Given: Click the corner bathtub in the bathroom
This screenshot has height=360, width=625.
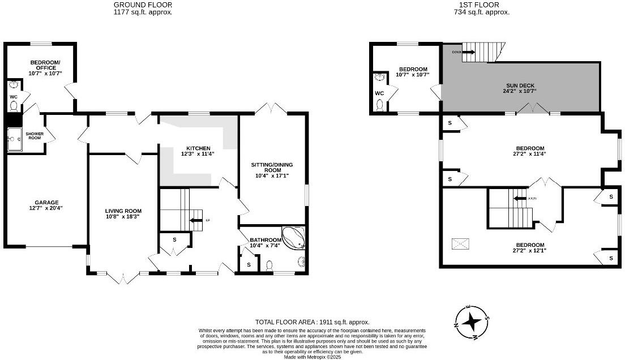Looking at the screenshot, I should (294, 238).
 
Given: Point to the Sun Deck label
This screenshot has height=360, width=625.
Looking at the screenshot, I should (520, 85).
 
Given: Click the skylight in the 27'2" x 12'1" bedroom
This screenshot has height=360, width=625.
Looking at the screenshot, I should (460, 244).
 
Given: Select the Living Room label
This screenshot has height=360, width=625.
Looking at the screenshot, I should (123, 211).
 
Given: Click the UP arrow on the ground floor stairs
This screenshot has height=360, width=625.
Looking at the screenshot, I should (196, 220).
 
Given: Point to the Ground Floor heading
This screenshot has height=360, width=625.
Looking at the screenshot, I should (143, 4).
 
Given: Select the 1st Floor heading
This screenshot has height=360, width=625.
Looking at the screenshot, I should (482, 4).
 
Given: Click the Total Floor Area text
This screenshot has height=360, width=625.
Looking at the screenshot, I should (312, 321).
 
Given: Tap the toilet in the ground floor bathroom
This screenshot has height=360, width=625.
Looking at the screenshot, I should (269, 265).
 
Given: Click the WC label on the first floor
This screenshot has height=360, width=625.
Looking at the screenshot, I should (379, 93).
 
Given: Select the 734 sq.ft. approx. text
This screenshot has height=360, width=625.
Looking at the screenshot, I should (482, 11).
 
